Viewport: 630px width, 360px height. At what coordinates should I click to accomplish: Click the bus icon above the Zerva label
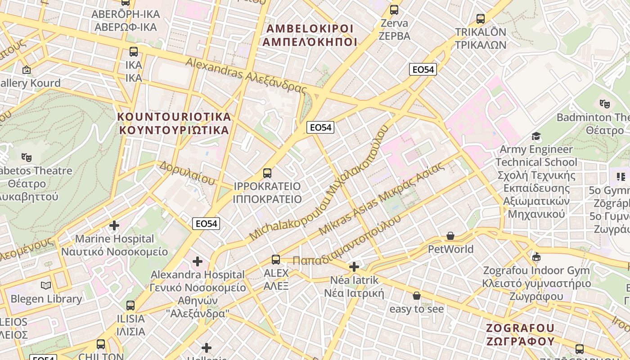[394, 9]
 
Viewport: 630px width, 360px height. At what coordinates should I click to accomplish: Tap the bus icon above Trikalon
[481, 19]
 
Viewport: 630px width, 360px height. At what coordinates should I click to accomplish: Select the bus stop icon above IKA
[133, 51]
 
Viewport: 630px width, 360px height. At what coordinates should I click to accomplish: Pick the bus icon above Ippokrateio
[267, 173]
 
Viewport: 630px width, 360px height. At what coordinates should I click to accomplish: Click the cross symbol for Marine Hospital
[114, 225]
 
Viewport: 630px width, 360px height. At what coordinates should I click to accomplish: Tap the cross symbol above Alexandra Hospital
[198, 261]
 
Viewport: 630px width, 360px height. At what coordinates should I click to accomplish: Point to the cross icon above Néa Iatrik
[354, 267]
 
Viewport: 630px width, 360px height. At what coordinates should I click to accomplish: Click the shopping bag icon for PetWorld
[450, 236]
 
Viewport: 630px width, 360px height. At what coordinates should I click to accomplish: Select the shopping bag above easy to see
[417, 296]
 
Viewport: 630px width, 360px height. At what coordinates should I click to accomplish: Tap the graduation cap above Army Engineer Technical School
[536, 136]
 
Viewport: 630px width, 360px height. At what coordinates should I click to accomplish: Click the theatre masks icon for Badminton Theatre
[605, 104]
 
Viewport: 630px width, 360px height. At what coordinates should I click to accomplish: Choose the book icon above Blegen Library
[46, 285]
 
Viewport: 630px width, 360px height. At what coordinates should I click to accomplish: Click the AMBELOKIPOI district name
[310, 35]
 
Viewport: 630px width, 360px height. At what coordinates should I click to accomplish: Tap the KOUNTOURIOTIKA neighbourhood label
[174, 123]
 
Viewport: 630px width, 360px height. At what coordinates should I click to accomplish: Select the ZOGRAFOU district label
[520, 334]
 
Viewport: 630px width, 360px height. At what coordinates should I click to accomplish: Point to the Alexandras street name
[246, 75]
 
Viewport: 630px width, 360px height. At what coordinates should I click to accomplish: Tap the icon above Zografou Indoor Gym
[536, 257]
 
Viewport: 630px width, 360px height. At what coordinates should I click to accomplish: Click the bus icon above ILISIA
[130, 305]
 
